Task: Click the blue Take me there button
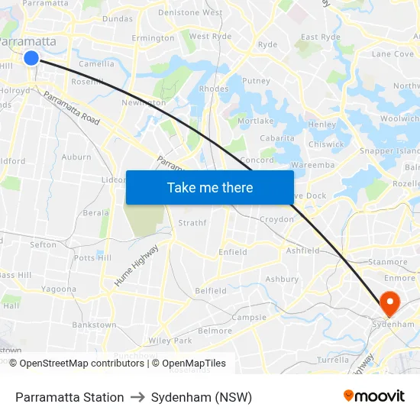[210, 187]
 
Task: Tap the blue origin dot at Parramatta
[31, 58]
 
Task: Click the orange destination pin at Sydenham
[389, 303]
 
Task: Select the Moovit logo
[374, 396]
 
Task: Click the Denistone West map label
[190, 13]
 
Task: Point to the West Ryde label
[210, 36]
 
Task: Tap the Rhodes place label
[213, 89]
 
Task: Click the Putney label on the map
[256, 80]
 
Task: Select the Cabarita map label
[277, 138]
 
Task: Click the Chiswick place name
[326, 144]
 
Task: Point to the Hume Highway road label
[137, 266]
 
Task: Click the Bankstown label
[94, 325]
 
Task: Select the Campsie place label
[249, 317]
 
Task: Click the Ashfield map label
[302, 250]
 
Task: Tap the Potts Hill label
[93, 258]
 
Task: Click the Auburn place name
[76, 157]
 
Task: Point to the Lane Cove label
[392, 54]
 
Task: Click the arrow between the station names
[137, 397]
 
